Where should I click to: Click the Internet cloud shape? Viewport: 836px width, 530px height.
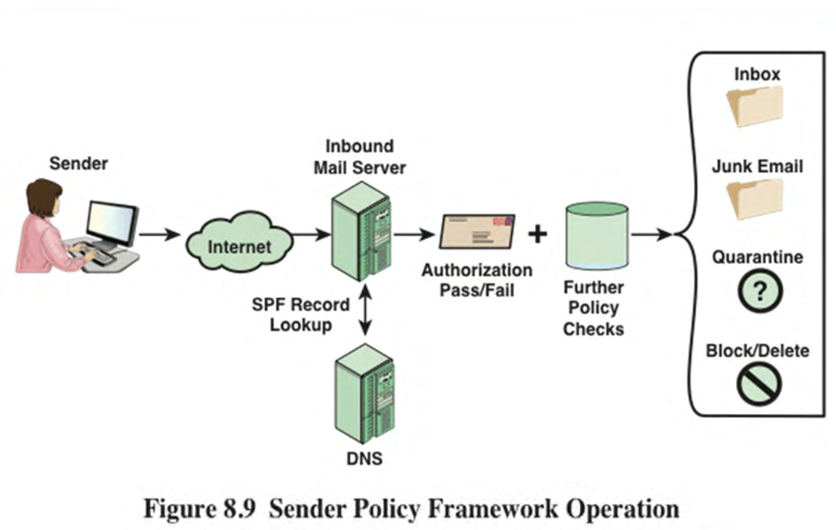tap(240, 242)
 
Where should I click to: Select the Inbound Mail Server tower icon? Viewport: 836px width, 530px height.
tap(361, 231)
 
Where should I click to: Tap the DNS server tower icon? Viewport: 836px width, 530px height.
tap(364, 394)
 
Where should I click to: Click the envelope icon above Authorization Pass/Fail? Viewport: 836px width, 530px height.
tap(477, 231)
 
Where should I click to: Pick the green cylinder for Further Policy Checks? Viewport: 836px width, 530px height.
tap(596, 235)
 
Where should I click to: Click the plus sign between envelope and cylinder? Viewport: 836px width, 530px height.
tap(537, 234)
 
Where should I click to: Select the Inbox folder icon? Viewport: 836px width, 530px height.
tap(755, 108)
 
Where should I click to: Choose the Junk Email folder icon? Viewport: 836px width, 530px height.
tap(755, 200)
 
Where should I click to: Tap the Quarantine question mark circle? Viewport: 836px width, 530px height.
tap(760, 291)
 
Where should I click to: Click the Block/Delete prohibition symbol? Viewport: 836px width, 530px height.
tap(759, 384)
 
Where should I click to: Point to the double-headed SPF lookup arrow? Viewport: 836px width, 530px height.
tap(365, 310)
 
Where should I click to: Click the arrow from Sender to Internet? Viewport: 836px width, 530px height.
tap(160, 234)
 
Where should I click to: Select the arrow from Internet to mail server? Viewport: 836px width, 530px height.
tap(312, 234)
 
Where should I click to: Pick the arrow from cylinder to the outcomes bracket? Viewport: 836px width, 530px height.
tap(652, 234)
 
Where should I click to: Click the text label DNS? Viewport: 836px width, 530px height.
tap(365, 459)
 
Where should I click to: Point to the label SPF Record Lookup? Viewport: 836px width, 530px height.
tap(300, 315)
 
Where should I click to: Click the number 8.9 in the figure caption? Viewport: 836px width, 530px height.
tap(241, 508)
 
